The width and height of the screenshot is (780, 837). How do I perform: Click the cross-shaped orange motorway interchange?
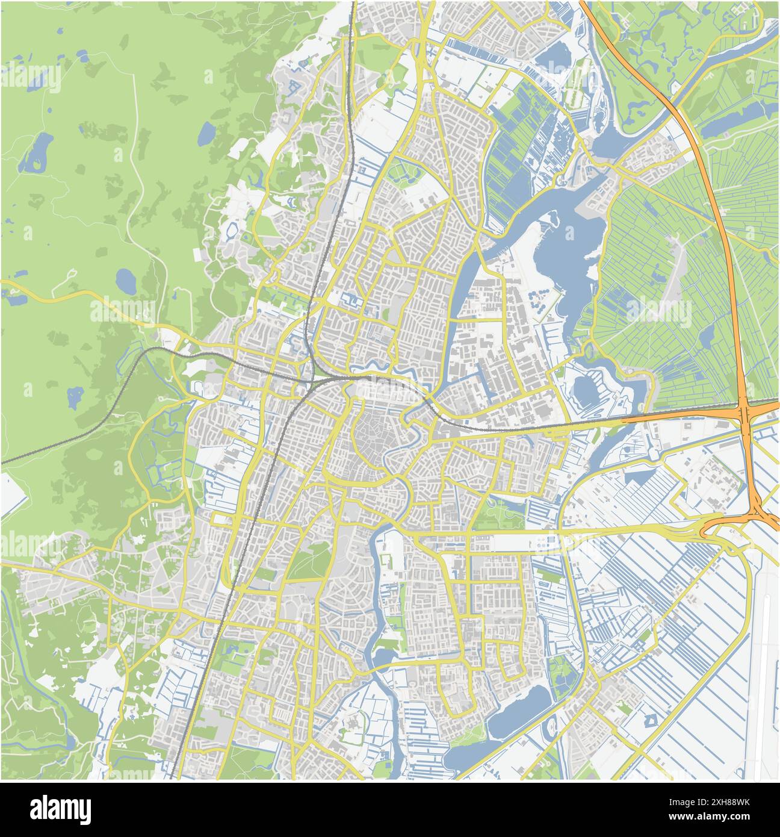(x=745, y=415)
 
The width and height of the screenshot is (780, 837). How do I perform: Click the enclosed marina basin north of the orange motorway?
(x=584, y=388)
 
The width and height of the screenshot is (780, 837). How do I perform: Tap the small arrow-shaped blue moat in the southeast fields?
(x=650, y=720)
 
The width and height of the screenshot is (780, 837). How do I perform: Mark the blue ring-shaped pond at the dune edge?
(x=232, y=229)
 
